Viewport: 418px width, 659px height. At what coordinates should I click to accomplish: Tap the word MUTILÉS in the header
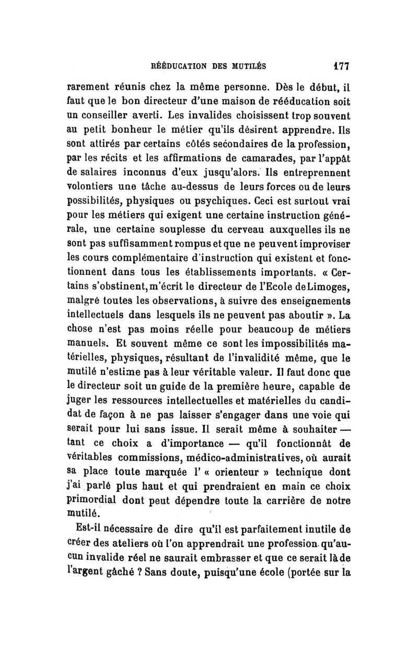coord(246,67)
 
